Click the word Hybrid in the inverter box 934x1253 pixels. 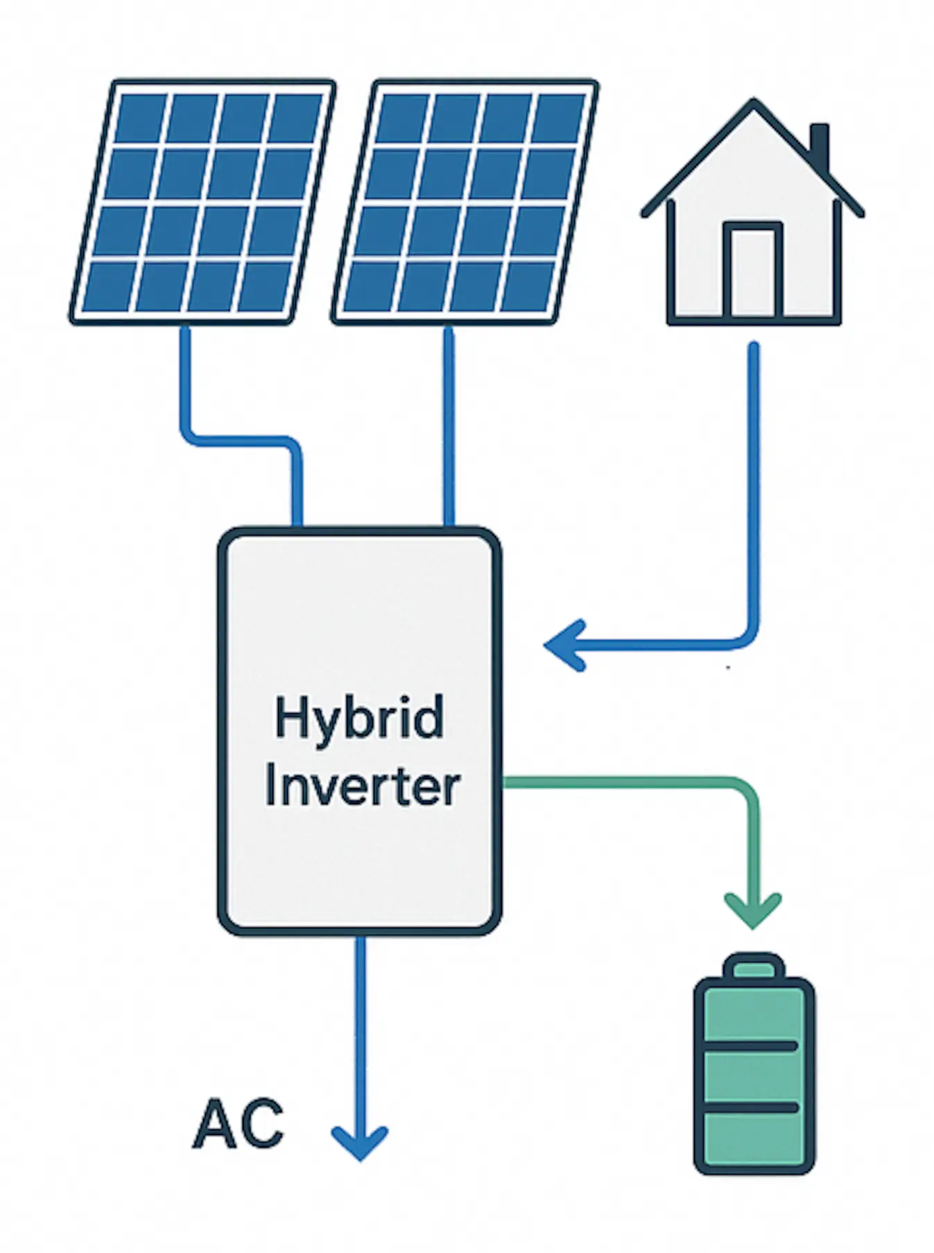click(x=358, y=719)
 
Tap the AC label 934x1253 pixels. click(x=239, y=1124)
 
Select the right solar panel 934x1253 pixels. click(x=465, y=201)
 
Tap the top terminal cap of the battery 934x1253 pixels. click(x=754, y=966)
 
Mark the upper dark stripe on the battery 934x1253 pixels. click(x=754, y=1046)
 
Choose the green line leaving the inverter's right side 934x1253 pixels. click(x=624, y=783)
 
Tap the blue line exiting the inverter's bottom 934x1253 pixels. click(x=359, y=1027)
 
